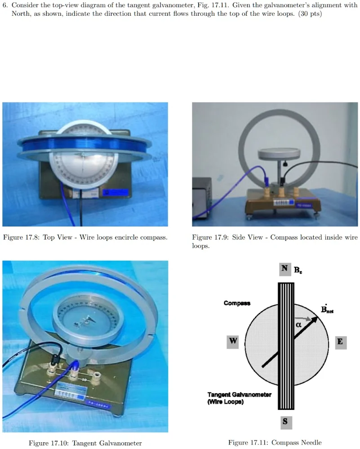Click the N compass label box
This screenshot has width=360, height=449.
tap(285, 269)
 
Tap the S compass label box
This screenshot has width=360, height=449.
tap(285, 422)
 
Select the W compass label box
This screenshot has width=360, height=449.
tap(232, 342)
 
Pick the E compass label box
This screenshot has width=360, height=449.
tap(341, 342)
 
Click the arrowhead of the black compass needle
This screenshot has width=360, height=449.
tap(315, 320)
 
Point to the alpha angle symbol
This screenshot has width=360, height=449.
tap(298, 325)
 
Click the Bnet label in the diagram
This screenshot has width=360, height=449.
tap(327, 309)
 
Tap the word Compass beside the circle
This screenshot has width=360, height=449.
tap(237, 303)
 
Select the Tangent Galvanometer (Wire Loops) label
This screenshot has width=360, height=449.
tap(239, 398)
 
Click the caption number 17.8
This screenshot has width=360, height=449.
tap(32, 237)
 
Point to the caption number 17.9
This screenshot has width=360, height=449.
tap(221, 237)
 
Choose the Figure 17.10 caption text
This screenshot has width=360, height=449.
tap(85, 443)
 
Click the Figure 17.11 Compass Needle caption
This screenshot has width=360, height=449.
tap(275, 442)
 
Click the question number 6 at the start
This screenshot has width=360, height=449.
tap(5, 5)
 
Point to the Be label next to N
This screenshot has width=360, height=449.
tap(298, 270)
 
